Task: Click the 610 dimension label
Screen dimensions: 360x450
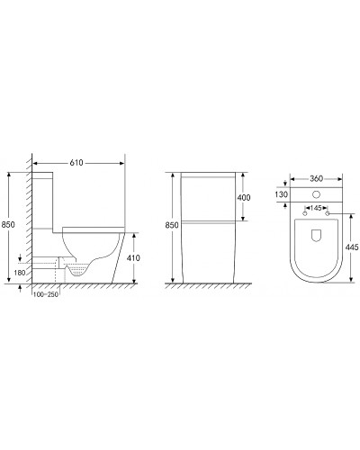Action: (76, 163)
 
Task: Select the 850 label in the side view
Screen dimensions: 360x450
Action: (8, 224)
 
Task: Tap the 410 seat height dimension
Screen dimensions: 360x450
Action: (133, 257)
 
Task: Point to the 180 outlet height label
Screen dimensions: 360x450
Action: (20, 273)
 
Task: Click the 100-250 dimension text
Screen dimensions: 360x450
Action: (46, 294)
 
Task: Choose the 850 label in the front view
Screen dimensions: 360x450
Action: (172, 225)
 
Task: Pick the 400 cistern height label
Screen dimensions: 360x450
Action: (244, 197)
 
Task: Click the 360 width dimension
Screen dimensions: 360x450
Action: (316, 179)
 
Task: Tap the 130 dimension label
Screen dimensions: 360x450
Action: (281, 194)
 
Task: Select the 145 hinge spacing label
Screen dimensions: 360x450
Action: (316, 208)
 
